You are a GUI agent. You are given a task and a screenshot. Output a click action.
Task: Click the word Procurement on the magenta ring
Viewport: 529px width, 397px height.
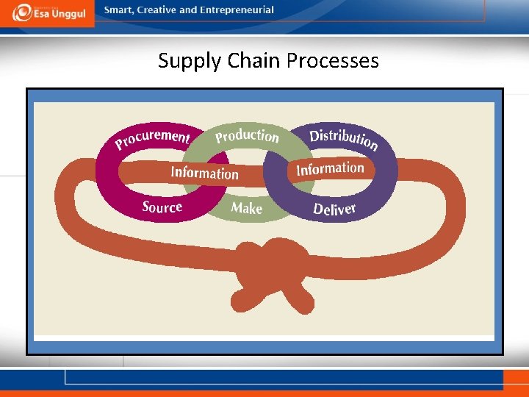click(x=153, y=137)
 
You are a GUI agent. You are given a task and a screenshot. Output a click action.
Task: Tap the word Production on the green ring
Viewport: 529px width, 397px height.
click(x=247, y=136)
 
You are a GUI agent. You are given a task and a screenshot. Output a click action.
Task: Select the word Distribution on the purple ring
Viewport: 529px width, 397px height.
click(x=344, y=139)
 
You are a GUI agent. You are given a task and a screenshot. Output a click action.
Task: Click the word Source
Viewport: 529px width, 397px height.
click(x=162, y=207)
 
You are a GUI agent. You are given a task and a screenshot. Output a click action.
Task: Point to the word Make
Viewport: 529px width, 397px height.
click(x=246, y=208)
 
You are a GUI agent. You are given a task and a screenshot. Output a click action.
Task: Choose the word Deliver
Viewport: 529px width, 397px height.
click(x=334, y=210)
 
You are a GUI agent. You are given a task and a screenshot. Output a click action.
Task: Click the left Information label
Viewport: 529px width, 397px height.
click(x=204, y=173)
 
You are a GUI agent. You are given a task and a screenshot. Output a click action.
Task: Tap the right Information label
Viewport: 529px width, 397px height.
click(x=330, y=169)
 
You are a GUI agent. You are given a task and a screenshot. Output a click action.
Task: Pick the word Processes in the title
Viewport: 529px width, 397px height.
click(x=333, y=60)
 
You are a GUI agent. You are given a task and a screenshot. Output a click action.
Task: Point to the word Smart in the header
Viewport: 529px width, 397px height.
click(x=118, y=10)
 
